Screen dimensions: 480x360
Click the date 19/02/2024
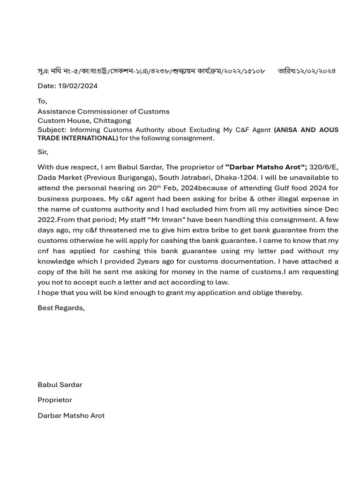coord(77,86)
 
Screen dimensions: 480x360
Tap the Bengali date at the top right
coord(307,71)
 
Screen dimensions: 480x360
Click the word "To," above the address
coord(42,101)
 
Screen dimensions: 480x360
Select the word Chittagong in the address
coord(112,120)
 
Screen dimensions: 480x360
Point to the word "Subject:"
coord(52,130)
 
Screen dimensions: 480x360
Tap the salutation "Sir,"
coord(43,152)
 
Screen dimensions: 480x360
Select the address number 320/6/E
coord(323,167)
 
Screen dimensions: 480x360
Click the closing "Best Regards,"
coord(61,308)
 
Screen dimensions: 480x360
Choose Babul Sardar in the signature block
coord(60,385)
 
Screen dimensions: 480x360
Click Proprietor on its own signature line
coord(55,400)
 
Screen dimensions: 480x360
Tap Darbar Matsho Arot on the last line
coord(71,415)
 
